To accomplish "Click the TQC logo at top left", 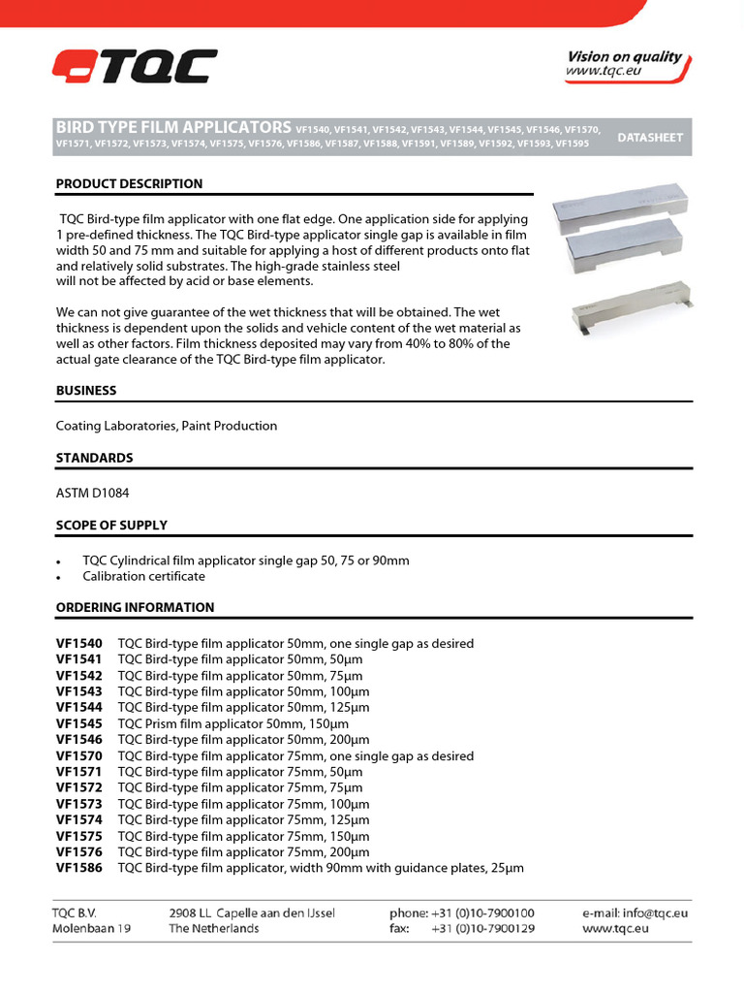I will coord(135,67).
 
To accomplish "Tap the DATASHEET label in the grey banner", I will coord(649,138).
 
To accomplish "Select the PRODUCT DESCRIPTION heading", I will coord(129,183).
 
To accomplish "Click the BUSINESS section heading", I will coord(86,390).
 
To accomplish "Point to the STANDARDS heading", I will coord(95,458).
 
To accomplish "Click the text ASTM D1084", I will coord(92,493).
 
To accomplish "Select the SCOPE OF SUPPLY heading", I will coord(111,525).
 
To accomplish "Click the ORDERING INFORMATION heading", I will coord(135,607).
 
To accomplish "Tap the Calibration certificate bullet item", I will coord(143,576).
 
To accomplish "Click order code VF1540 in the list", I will coord(78,644).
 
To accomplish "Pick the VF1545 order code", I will coord(78,723).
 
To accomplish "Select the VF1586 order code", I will coord(78,868).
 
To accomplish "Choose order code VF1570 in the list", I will coord(78,755).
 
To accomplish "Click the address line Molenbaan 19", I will coord(92,928).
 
